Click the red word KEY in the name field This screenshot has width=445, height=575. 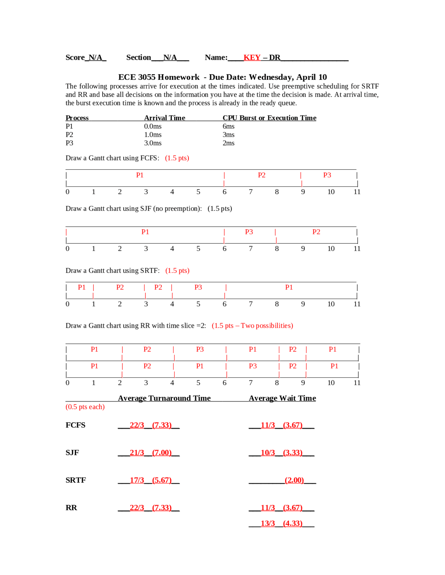[252, 58]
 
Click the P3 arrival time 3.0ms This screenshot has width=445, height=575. [153, 143]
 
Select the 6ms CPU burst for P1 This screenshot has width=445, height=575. [228, 126]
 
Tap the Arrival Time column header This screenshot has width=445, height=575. [164, 118]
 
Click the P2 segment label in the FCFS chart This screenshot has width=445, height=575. [261, 175]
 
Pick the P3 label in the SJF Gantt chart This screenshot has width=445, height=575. [249, 232]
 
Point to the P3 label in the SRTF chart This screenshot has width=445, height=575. [198, 287]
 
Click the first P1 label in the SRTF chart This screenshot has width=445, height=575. [81, 287]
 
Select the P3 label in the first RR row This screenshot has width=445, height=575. [200, 350]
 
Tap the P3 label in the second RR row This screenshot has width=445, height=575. [252, 366]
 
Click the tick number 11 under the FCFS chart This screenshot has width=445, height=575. [357, 192]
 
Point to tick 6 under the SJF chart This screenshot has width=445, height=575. [224, 249]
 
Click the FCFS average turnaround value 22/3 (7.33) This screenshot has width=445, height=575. [151, 425]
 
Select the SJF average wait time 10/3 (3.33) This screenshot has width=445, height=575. [281, 453]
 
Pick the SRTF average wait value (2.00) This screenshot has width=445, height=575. [294, 480]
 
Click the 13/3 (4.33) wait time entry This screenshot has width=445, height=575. [281, 524]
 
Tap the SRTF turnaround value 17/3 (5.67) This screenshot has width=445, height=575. [151, 480]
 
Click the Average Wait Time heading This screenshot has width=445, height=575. [282, 398]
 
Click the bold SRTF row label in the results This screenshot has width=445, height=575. [75, 480]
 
